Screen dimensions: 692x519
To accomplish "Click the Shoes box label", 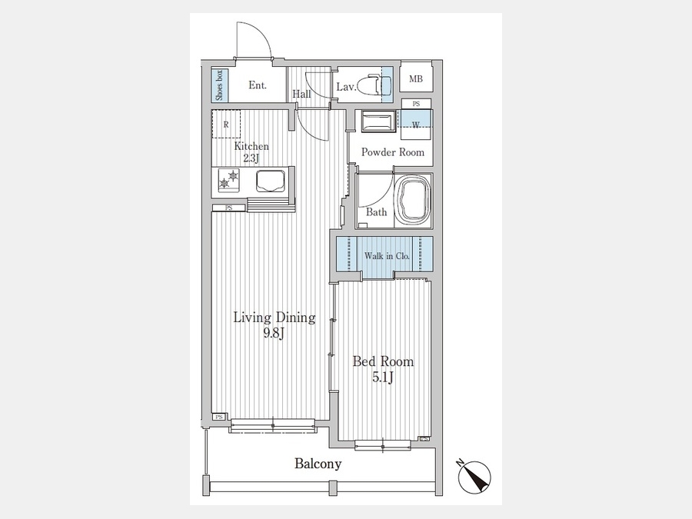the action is coord(220,85).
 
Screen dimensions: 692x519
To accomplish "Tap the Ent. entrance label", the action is coord(258,85).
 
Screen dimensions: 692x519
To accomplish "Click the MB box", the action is coord(416,78).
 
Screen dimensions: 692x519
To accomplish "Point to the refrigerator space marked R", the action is coord(226,124).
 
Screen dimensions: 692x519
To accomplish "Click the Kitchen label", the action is coord(251,146).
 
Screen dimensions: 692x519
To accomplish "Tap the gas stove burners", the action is coord(229,180).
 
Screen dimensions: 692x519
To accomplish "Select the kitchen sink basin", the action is coord(270,181).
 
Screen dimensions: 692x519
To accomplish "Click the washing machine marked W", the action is coord(416,125).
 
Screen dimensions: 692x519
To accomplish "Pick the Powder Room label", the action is coord(393,152).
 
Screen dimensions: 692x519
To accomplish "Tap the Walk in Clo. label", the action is coord(387,256).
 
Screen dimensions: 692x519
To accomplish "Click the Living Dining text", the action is coord(274,318).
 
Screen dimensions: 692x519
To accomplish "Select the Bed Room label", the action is coord(383,361).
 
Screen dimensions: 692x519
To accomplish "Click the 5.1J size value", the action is coord(383,378).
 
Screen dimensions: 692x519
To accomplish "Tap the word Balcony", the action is coord(318,464).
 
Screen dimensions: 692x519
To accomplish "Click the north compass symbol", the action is coord(474,476).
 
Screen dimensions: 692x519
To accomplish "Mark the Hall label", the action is coord(302,94).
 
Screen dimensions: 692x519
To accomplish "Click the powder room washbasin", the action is coord(378,121).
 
